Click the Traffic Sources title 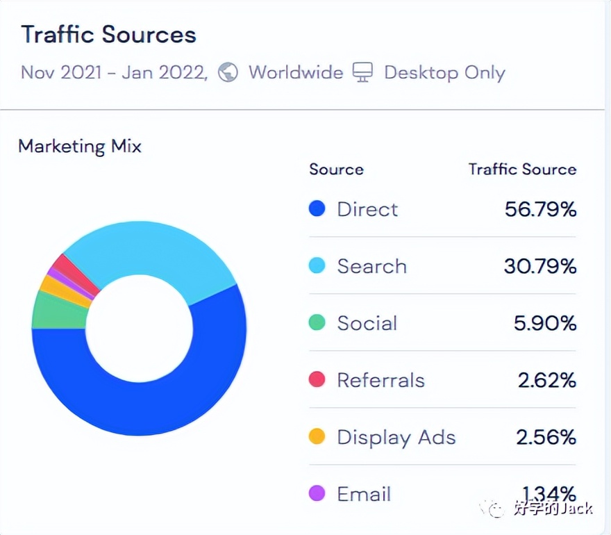tap(108, 35)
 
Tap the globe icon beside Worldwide tap(228, 72)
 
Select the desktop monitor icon tap(362, 72)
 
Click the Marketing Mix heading tap(80, 147)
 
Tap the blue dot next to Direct tap(317, 209)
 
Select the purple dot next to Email tap(317, 494)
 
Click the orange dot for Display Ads tap(317, 437)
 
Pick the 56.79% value tap(540, 209)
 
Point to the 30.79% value tap(540, 266)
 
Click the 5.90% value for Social tap(546, 323)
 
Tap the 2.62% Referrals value tap(546, 380)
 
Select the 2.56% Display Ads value tap(546, 437)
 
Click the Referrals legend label tap(380, 380)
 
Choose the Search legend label tap(371, 266)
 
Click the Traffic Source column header tap(522, 169)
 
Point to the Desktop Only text tap(444, 72)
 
